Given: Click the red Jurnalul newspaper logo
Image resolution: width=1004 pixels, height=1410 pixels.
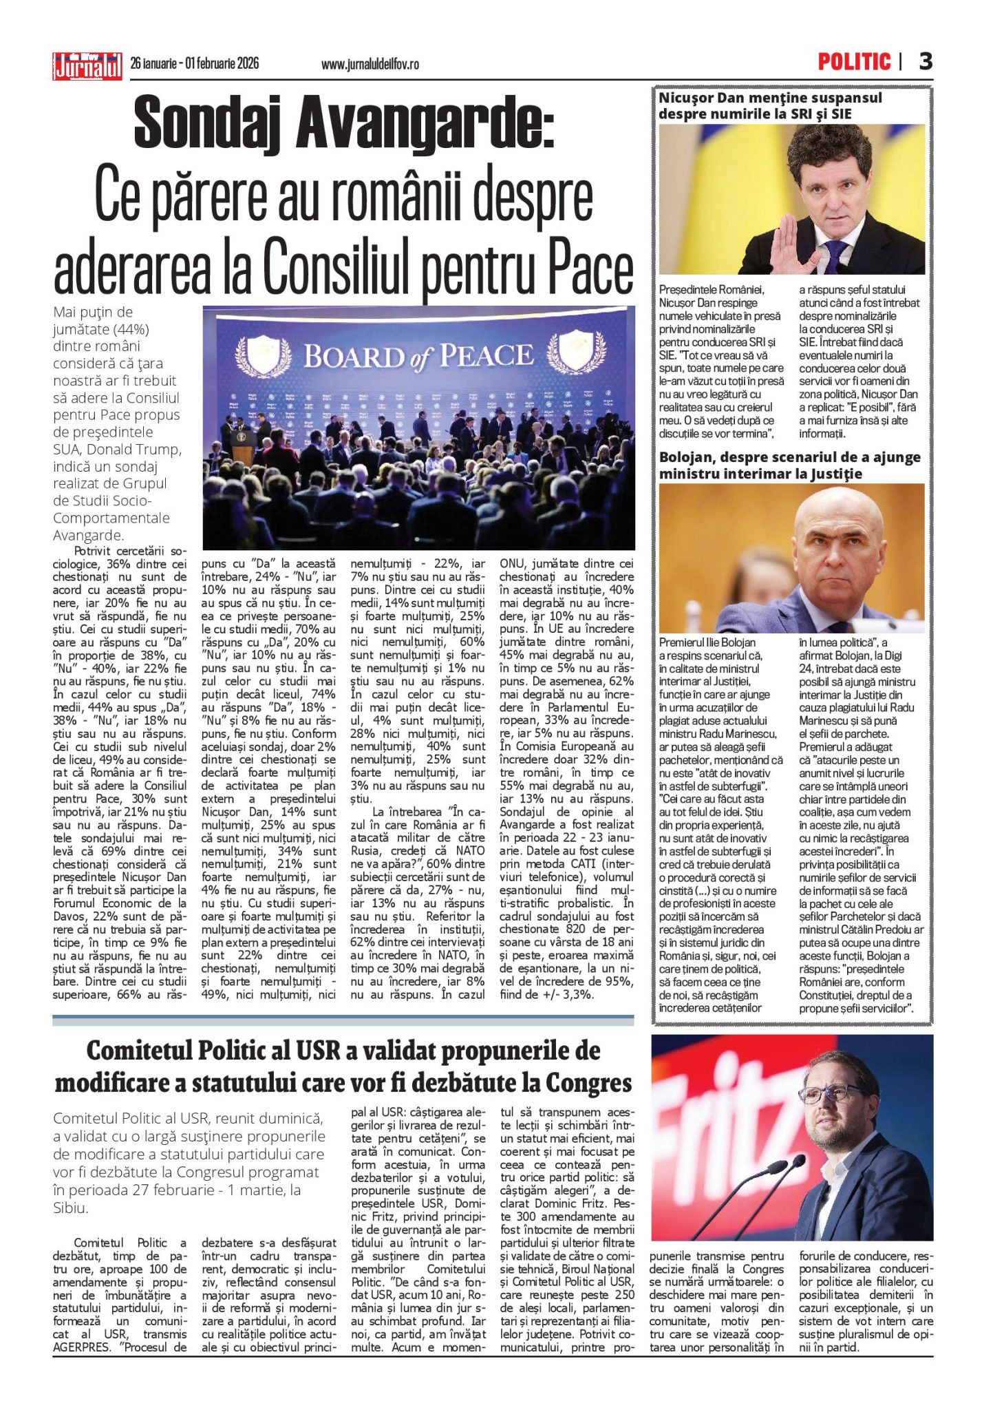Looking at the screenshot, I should click(87, 67).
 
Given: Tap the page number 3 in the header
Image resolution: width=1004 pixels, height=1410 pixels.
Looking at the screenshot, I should click(926, 62).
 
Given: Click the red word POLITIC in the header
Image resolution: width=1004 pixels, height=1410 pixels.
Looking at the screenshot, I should click(854, 62).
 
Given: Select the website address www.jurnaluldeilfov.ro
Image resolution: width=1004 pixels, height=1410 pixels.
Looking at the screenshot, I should click(370, 64).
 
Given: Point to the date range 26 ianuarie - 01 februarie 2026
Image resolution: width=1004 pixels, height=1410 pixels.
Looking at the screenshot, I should click(195, 63).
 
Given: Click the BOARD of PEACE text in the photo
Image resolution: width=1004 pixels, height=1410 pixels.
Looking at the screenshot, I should click(419, 357).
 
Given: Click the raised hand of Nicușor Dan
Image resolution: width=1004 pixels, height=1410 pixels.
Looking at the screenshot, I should click(791, 241).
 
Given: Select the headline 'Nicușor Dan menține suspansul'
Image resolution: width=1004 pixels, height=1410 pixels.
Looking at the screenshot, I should click(770, 98).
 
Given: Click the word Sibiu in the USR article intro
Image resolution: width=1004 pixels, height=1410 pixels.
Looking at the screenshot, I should click(70, 1208).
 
